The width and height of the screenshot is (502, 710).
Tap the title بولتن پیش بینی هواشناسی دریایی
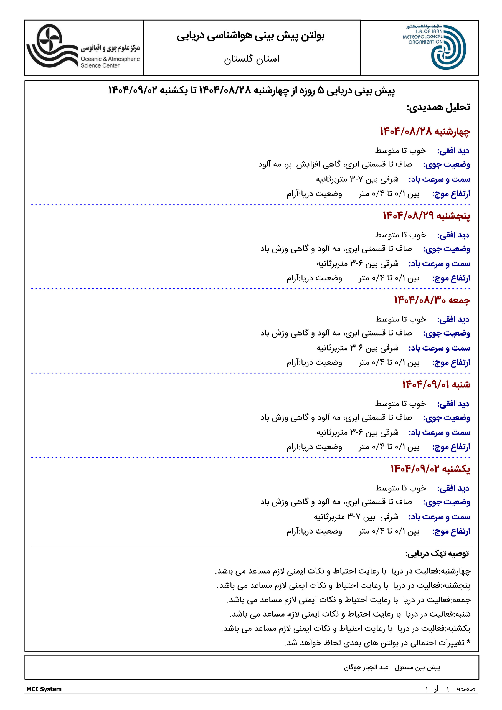251,36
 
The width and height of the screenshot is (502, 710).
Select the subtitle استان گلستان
252,59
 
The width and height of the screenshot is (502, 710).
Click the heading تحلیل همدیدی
438,107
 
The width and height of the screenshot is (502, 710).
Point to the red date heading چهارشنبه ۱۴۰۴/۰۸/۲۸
425,131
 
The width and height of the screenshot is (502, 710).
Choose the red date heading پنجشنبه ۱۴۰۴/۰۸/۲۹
426,215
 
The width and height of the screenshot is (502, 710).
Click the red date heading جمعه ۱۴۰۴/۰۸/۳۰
432,300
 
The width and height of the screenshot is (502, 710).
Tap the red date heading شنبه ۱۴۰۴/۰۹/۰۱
436,384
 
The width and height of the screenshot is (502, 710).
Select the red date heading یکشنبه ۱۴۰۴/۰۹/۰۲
430,469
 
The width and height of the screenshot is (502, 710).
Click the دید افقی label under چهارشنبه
453,151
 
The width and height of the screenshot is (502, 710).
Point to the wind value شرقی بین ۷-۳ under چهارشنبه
357,179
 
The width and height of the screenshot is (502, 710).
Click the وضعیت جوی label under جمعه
447,333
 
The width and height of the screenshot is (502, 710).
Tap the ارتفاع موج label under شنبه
451,447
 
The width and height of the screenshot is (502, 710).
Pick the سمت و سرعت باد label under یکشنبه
440,517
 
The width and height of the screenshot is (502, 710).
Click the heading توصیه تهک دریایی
437,554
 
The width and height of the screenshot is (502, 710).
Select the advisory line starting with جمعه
349,600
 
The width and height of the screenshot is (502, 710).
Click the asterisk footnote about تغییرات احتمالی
377,643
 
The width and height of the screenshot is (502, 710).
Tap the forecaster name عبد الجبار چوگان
366,667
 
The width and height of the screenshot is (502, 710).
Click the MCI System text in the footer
44,689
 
